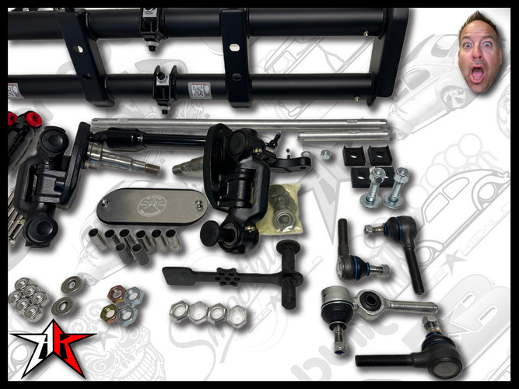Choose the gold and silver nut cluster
click(121, 304)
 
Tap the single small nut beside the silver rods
click(324, 154)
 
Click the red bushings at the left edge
click(26, 121)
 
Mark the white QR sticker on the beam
click(199, 90)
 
